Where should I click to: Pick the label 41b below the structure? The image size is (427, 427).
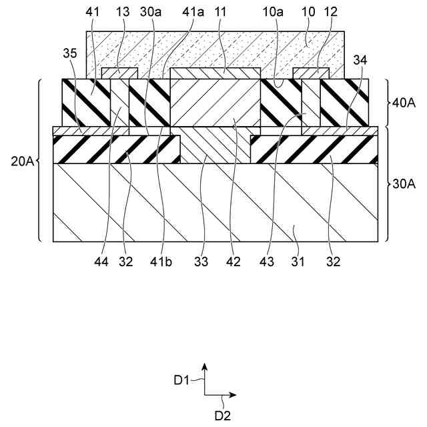coord(164,262)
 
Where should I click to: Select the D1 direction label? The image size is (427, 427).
coord(183,380)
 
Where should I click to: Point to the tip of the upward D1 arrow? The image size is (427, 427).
coord(205,365)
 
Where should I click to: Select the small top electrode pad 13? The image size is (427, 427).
coord(119,72)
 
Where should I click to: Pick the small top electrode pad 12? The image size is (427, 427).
coord(311,72)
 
